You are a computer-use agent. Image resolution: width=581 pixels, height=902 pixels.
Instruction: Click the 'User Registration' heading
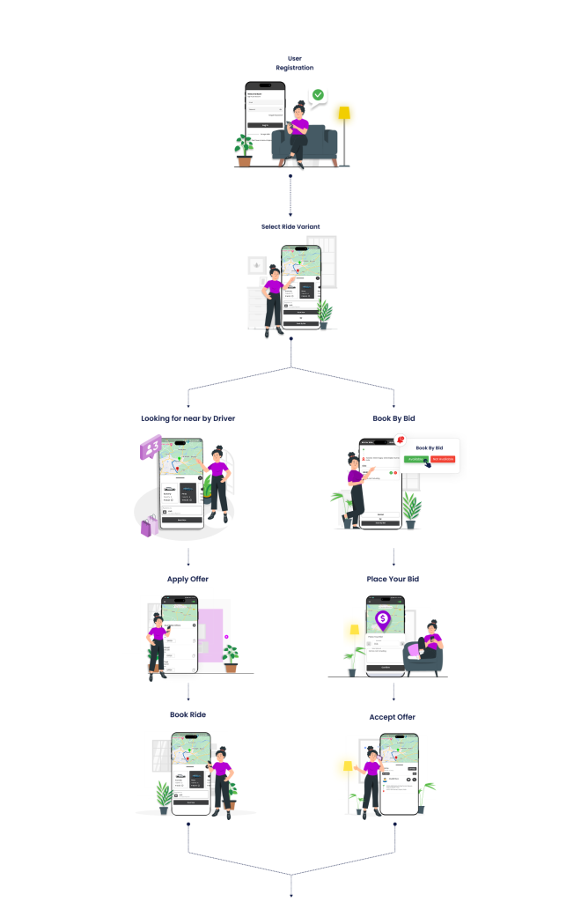coord(294,63)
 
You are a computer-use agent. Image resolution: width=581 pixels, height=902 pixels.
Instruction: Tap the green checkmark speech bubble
coord(318,95)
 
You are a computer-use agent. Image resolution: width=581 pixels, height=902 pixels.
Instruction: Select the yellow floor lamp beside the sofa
coord(344,133)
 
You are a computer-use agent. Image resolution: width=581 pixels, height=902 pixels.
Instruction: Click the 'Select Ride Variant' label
coord(290,226)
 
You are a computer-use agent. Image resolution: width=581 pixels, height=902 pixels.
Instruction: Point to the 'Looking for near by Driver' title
coord(188,418)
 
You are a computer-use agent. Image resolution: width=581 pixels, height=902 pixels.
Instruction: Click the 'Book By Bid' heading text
coord(393,418)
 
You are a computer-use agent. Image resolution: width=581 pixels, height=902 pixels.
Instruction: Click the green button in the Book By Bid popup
coord(416,459)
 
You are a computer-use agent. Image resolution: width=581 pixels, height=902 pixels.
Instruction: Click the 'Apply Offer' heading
coord(188,579)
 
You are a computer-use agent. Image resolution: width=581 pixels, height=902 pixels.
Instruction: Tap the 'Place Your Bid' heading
coord(393,579)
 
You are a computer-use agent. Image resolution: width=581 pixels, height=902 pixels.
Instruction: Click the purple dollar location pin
coord(383,620)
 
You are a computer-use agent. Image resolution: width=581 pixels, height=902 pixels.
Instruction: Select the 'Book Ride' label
coord(188,714)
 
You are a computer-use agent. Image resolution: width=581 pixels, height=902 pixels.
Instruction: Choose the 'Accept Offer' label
coord(393,717)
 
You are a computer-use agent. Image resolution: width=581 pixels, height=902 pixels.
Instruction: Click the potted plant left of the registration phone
coord(243,149)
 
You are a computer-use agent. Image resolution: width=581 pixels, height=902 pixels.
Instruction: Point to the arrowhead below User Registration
coord(290,213)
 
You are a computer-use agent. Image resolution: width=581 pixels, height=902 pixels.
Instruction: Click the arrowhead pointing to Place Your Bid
coord(393,564)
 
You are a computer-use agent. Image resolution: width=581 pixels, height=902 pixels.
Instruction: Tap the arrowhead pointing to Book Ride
coord(188,699)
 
